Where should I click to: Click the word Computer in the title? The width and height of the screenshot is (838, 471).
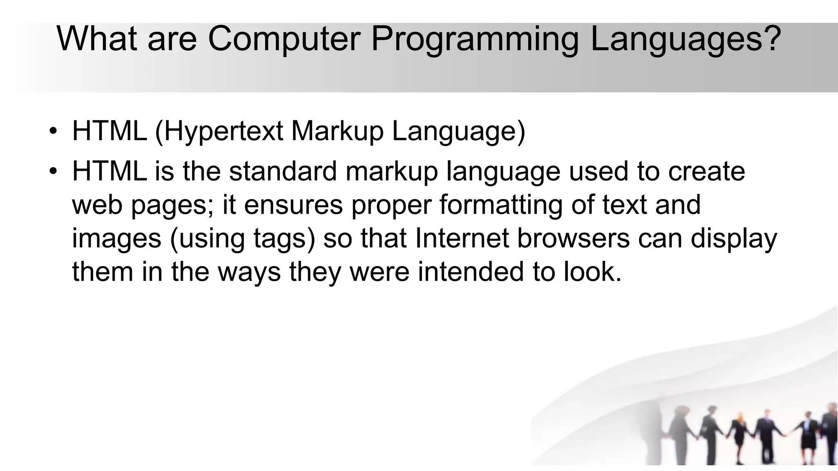tap(284, 39)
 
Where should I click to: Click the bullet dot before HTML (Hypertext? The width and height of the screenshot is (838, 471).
tap(52, 132)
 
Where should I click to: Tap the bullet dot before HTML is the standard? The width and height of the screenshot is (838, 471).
tap(52, 171)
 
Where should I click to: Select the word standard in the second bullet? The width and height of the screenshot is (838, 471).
tap(283, 171)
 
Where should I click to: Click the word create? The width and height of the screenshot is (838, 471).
tap(707, 171)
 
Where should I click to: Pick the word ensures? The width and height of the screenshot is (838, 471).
tap(293, 205)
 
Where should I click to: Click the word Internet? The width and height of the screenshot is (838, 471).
tap(462, 238)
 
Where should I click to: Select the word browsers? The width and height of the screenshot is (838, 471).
tap(573, 238)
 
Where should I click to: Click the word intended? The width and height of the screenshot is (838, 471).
tap(471, 272)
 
